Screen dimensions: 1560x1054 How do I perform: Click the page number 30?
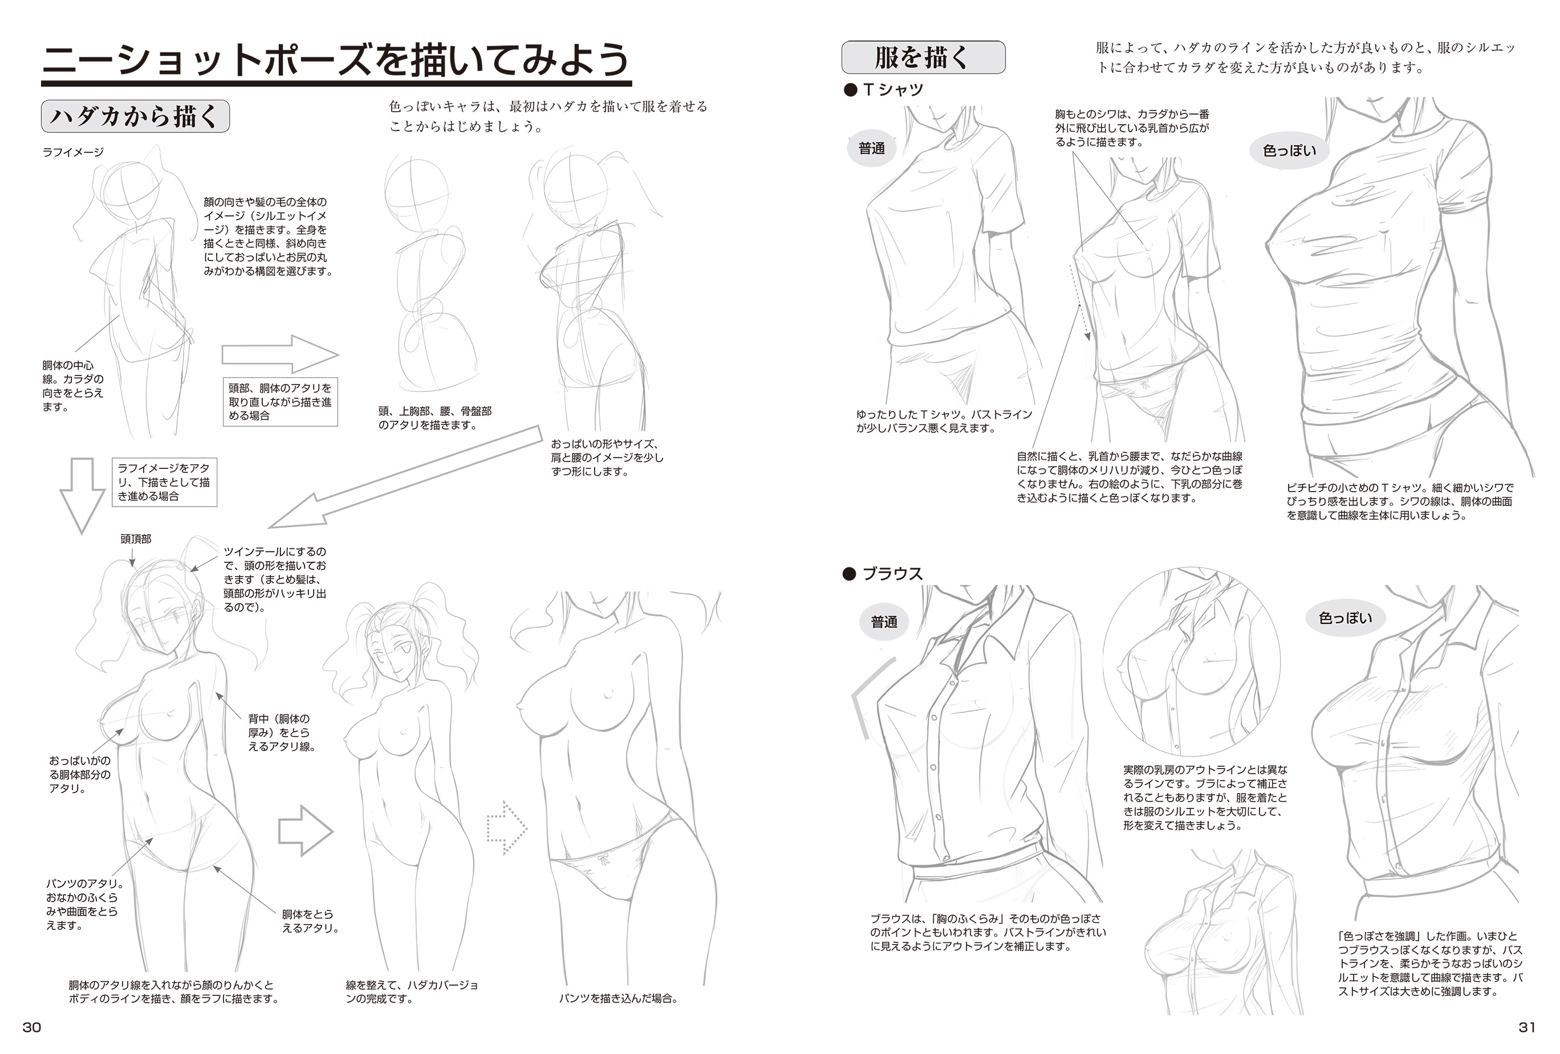(31, 1027)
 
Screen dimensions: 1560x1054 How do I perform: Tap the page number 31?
(1526, 1027)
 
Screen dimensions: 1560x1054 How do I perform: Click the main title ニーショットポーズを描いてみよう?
(336, 60)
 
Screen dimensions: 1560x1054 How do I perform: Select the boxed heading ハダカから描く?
(135, 116)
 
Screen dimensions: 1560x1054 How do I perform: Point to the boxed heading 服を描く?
(923, 57)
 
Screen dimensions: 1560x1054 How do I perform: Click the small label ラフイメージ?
(73, 152)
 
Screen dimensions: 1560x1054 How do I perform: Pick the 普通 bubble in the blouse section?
(884, 622)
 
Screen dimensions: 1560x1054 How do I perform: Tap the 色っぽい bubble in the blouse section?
(1345, 617)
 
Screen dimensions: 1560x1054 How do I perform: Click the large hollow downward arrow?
(82, 495)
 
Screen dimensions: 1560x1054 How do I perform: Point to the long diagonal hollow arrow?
(404, 477)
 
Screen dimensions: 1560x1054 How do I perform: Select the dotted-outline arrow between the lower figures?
(507, 828)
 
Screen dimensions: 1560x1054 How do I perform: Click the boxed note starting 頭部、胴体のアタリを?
(280, 401)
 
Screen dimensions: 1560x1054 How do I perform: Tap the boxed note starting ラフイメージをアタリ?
(164, 482)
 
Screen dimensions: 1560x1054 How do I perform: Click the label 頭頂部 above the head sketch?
(136, 539)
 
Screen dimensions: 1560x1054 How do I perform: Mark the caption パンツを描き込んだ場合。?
(618, 998)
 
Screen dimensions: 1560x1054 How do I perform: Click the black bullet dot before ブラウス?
(850, 574)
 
